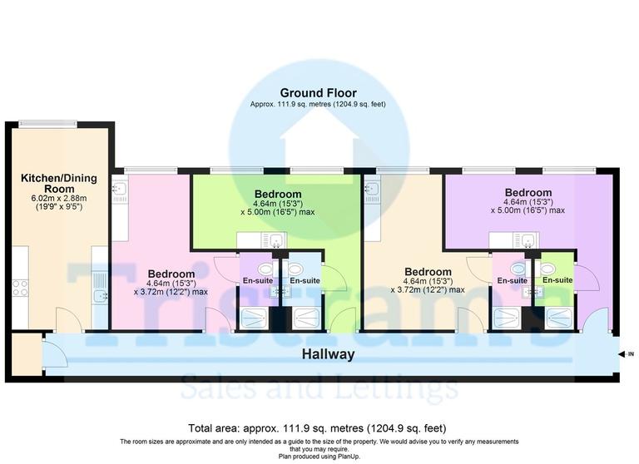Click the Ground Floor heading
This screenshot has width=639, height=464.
coord(319,92)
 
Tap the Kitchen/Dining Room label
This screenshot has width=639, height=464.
coord(54,183)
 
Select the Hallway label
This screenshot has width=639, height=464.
coord(329,354)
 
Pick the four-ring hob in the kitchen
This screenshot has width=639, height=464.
coord(19,288)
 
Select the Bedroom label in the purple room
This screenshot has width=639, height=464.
coord(528,192)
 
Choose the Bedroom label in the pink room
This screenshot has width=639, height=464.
coord(171,273)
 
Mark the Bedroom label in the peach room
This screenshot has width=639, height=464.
coord(428,271)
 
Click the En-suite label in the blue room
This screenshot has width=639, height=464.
coord(305,281)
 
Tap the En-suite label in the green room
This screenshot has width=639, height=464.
coord(557,280)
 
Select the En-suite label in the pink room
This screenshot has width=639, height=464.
coord(512,281)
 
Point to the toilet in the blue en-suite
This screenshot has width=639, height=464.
coord(295,268)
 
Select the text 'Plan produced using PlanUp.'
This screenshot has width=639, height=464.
coord(319,457)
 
